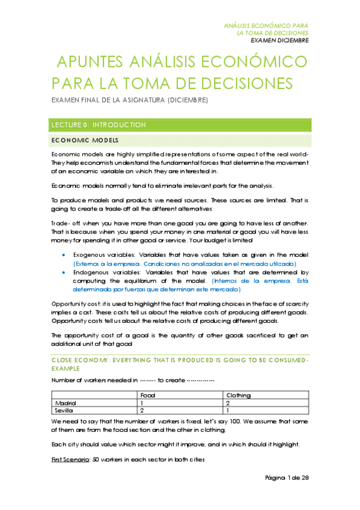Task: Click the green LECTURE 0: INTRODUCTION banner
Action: (180, 125)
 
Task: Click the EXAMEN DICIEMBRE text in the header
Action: (279, 41)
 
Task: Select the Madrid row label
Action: (66, 402)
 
